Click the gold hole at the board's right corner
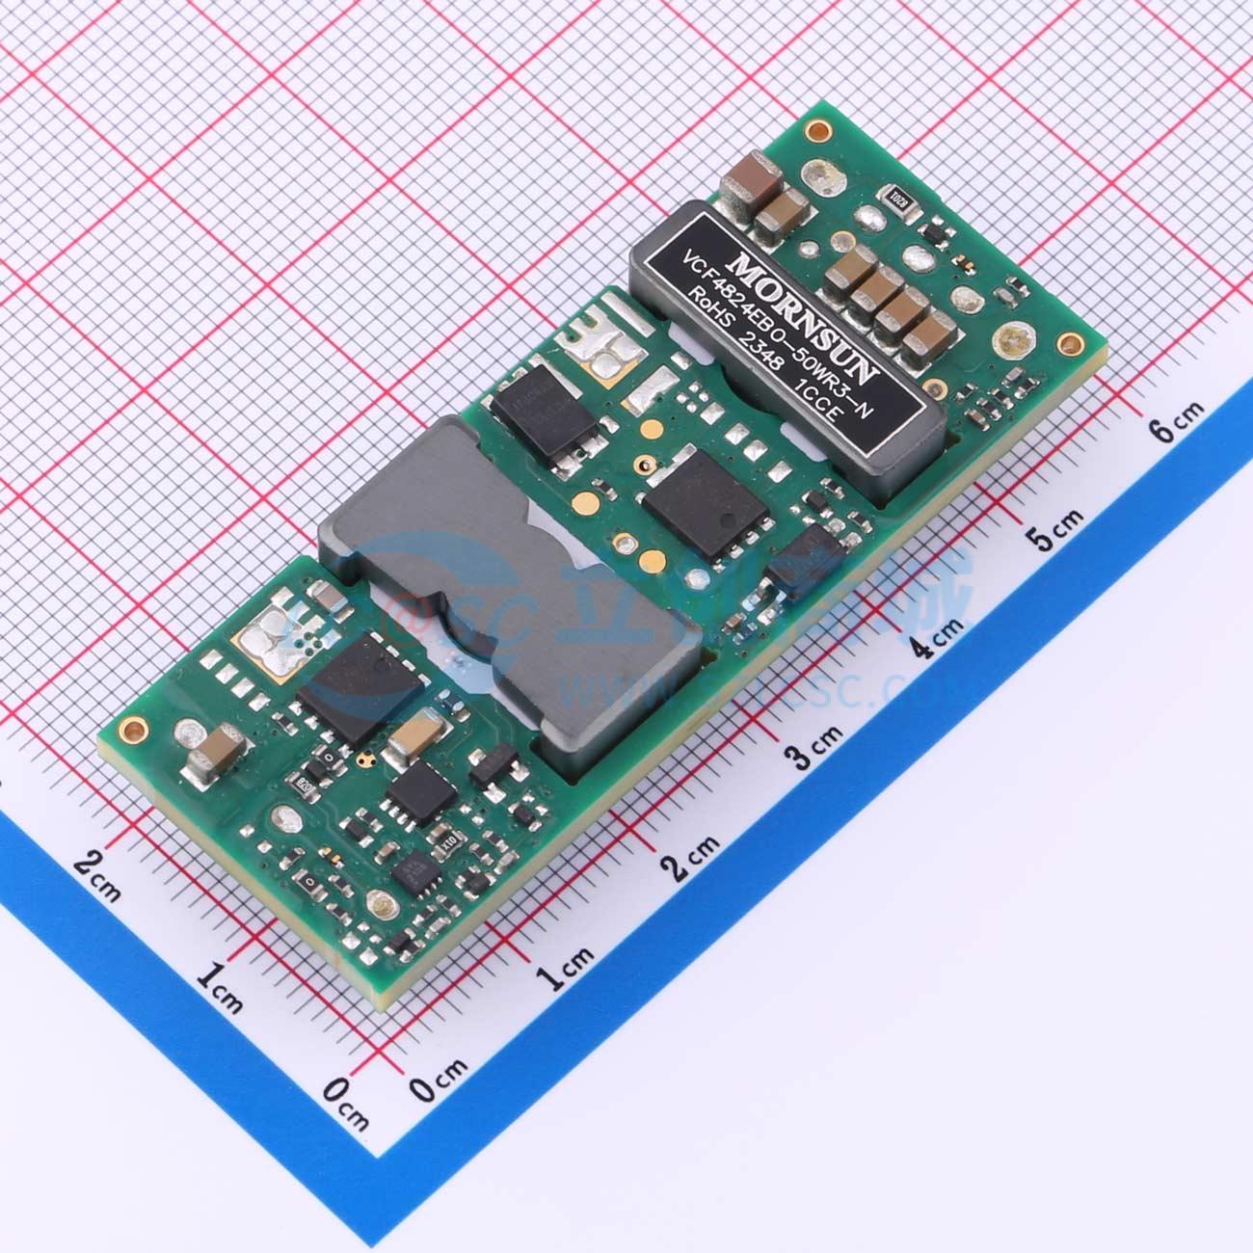tap(1067, 341)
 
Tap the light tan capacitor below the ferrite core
tap(417, 731)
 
